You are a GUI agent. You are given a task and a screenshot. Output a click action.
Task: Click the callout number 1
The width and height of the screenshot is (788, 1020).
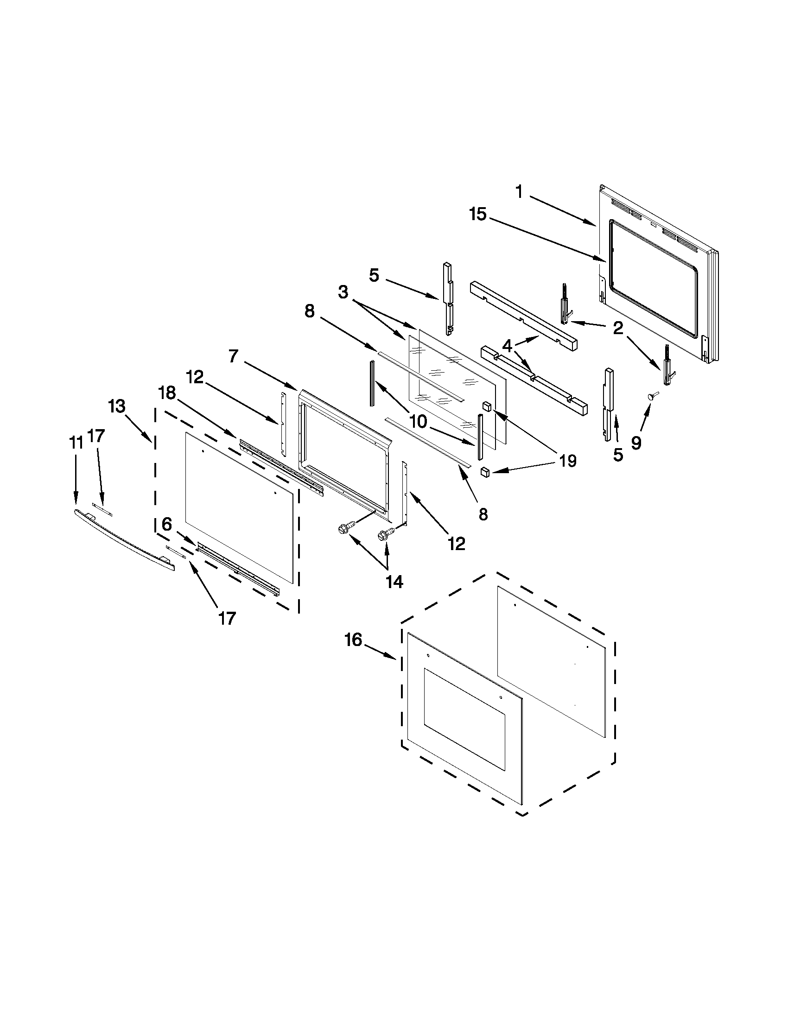[x=519, y=191]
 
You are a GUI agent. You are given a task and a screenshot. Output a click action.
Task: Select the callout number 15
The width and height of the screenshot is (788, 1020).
[x=478, y=215]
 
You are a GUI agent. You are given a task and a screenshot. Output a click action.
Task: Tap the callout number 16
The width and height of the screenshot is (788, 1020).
[x=354, y=640]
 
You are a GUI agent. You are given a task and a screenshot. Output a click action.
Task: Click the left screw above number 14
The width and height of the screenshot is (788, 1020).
[x=344, y=530]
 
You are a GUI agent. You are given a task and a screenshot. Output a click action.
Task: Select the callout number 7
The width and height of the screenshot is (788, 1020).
[x=234, y=356]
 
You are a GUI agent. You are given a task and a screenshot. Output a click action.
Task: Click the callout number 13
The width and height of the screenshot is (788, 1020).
[x=117, y=406]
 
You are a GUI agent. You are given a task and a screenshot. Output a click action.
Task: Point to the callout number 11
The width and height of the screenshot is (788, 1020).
[x=76, y=442]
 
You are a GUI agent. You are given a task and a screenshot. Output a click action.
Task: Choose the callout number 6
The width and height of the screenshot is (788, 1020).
[x=167, y=524]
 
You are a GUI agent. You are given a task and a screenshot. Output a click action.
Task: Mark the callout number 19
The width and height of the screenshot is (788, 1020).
[x=567, y=461]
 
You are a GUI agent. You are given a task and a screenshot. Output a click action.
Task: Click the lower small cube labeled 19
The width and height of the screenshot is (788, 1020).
[x=486, y=472]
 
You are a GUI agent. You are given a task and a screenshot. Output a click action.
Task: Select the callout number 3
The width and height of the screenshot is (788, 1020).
[x=343, y=292]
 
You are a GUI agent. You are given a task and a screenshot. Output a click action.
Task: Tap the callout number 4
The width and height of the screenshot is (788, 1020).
[x=508, y=346]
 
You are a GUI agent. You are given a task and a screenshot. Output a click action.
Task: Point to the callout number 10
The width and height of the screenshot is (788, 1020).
[x=418, y=422]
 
